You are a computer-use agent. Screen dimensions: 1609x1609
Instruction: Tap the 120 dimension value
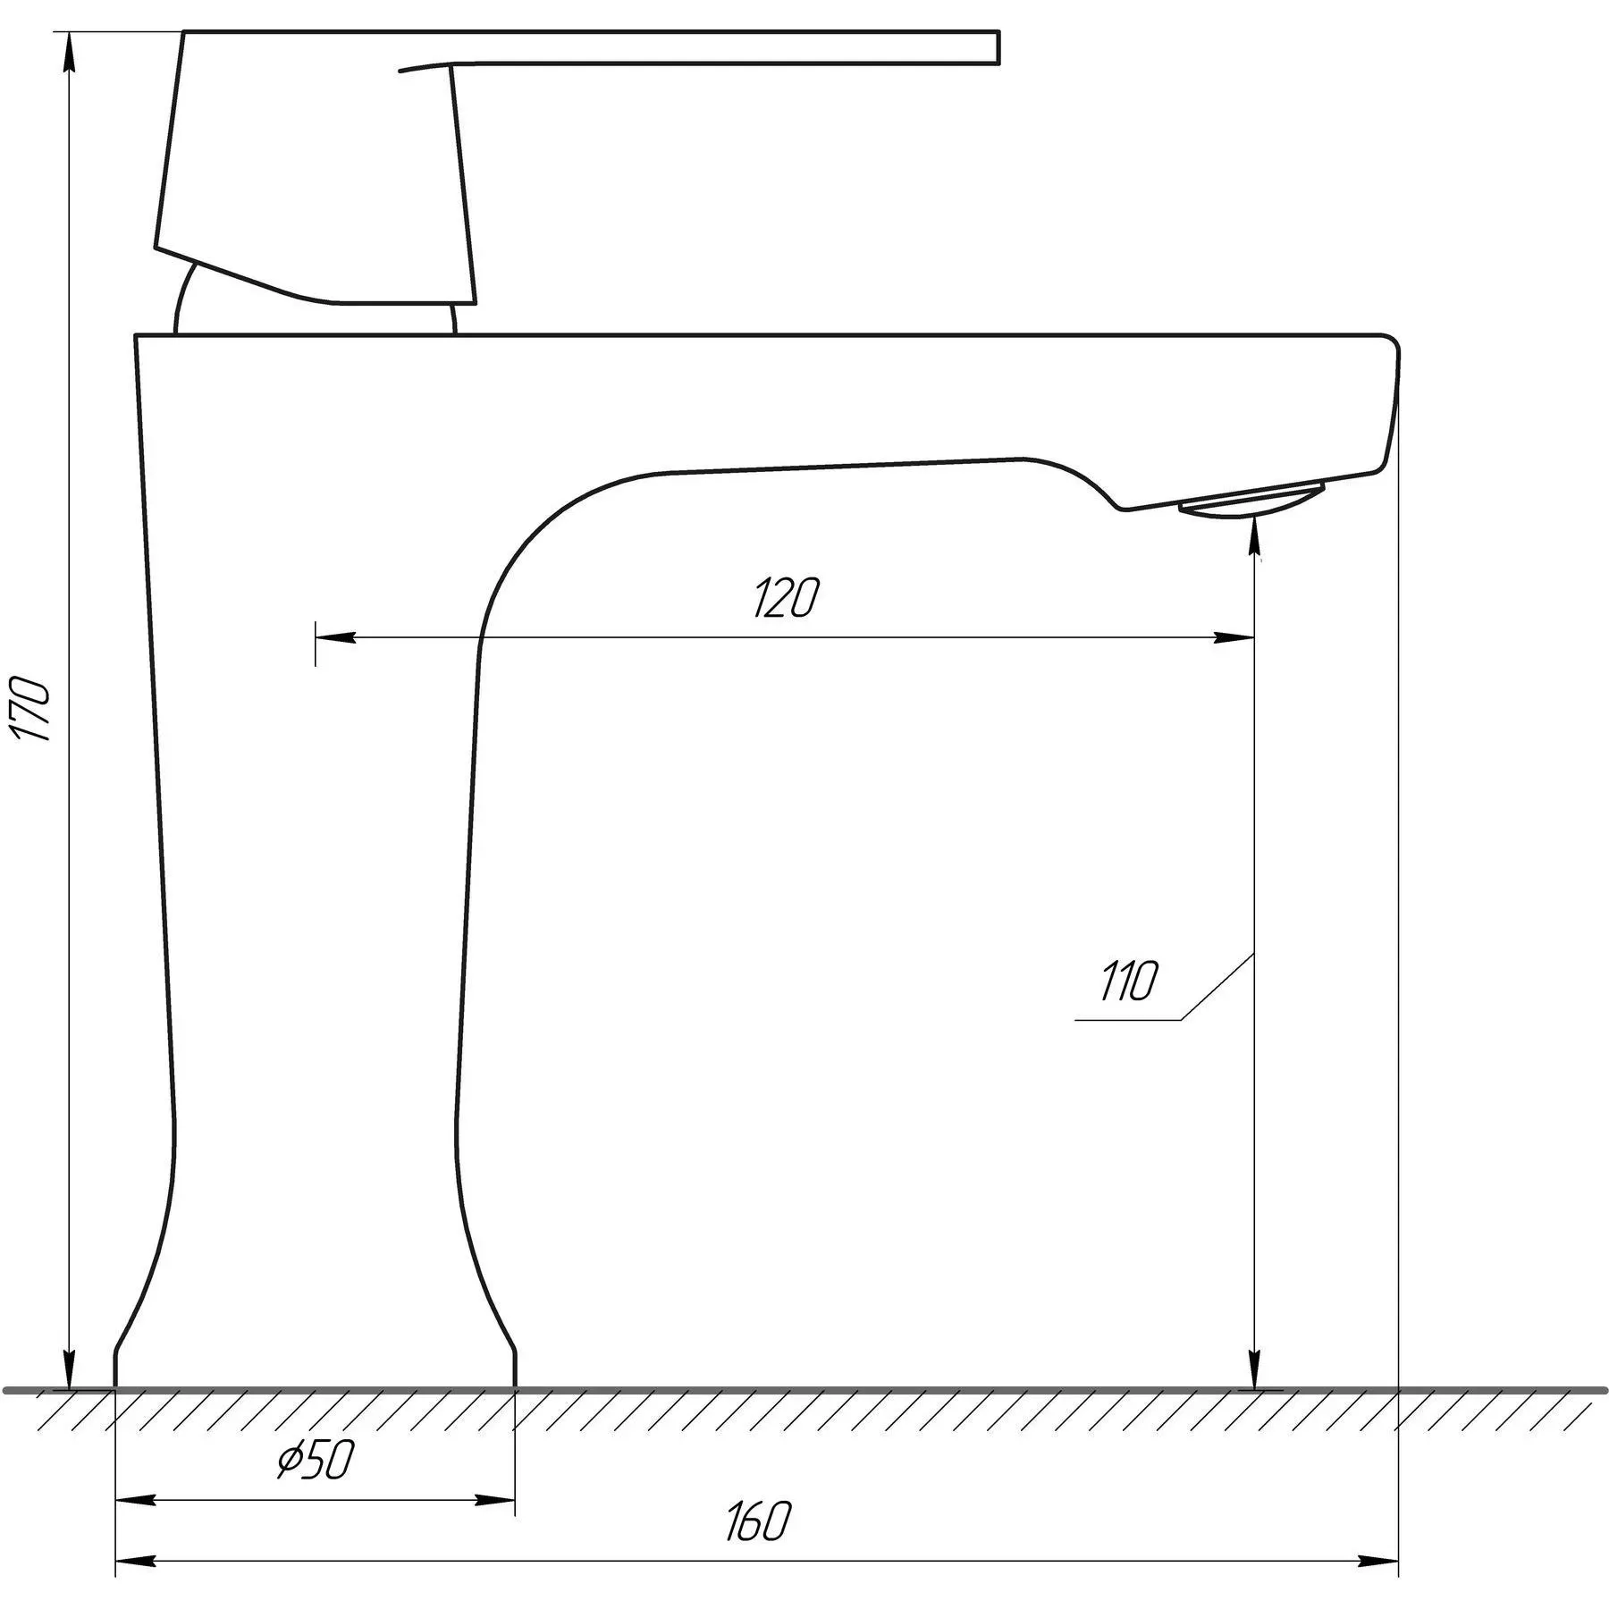[786, 598]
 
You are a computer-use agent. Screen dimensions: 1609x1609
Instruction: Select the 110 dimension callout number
[1128, 981]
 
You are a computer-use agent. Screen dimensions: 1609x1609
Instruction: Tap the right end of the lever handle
[998, 48]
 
